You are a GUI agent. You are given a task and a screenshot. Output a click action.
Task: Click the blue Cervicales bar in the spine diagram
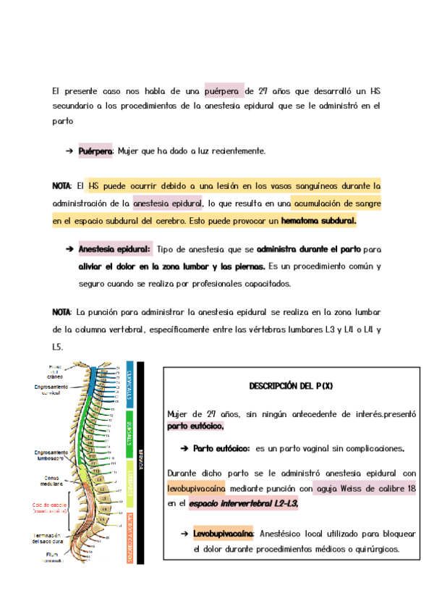[129, 382]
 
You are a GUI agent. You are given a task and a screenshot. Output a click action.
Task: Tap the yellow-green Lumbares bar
[129, 478]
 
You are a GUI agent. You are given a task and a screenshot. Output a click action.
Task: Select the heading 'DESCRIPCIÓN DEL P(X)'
[291, 387]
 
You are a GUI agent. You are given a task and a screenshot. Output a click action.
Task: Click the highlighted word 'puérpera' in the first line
[224, 91]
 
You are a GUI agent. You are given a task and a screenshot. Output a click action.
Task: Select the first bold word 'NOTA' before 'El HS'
[62, 186]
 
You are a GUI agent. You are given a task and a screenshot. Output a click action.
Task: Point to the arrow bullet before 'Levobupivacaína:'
[184, 534]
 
